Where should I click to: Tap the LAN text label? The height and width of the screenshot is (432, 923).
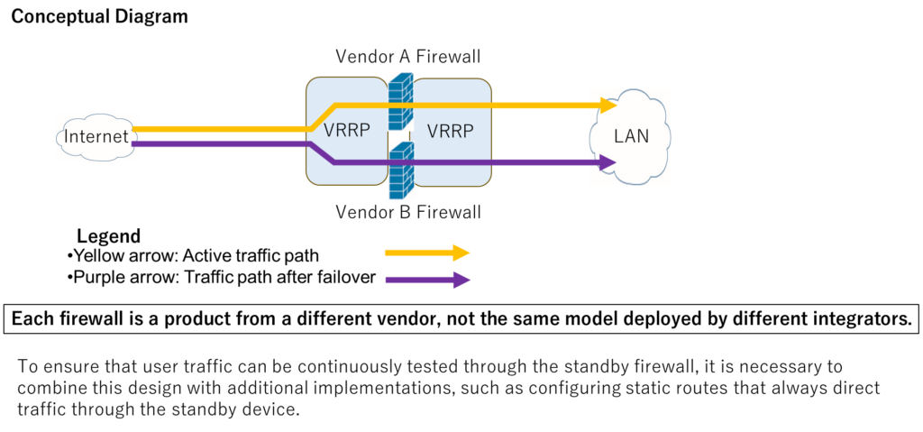[x=631, y=137]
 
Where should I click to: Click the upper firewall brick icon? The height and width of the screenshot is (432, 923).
[x=401, y=100]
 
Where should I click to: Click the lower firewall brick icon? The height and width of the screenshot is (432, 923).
[x=401, y=170]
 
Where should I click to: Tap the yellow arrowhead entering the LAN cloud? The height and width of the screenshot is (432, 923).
[x=608, y=106]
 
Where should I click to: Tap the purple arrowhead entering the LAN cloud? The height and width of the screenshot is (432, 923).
[x=608, y=163]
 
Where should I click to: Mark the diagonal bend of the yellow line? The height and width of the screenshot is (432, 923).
[x=322, y=117]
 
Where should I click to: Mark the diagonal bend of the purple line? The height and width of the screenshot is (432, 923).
[x=322, y=153]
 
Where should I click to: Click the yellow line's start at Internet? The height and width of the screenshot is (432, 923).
[x=135, y=129]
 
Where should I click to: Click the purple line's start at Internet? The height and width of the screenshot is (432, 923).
[x=135, y=143]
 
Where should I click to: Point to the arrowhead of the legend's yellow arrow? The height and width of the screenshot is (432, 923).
[x=462, y=253]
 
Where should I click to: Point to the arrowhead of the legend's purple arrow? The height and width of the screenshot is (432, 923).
[x=462, y=280]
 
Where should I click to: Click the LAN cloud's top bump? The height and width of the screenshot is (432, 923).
[x=631, y=95]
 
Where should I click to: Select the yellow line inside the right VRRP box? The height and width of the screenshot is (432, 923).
[x=451, y=106]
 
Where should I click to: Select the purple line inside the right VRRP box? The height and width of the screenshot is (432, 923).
[x=451, y=163]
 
